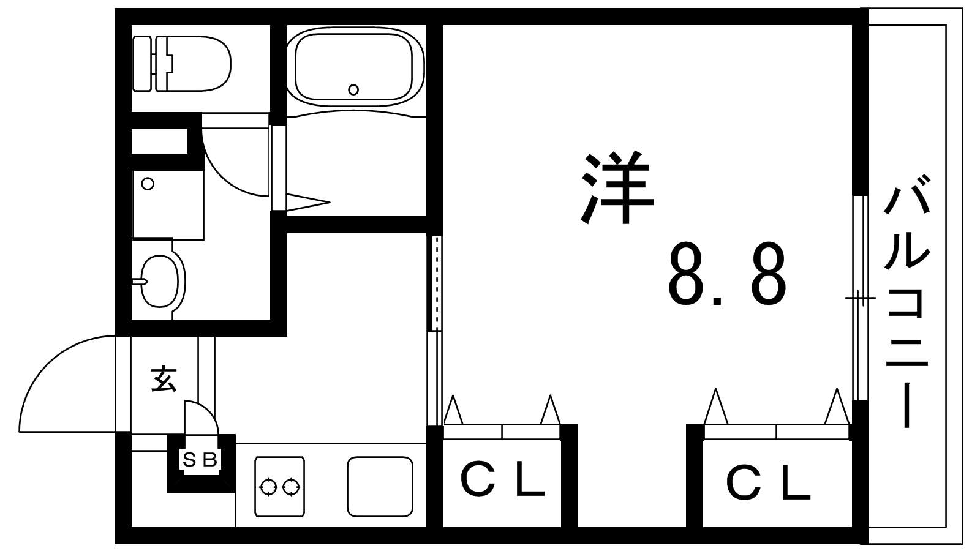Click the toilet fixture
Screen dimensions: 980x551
[x=181, y=64]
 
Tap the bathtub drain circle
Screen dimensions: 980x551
[x=353, y=89]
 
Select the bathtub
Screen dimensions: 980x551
[x=356, y=67]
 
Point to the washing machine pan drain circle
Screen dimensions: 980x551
[x=148, y=184]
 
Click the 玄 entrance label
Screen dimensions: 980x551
[x=164, y=379]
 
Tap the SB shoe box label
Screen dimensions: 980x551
[x=200, y=460]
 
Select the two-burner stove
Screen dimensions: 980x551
[x=279, y=486]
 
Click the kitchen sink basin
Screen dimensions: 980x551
[x=380, y=486]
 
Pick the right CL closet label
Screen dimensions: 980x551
[x=768, y=483]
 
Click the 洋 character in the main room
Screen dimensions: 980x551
[x=617, y=187]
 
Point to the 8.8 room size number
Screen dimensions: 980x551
[x=726, y=275]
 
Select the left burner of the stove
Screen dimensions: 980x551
[x=268, y=487]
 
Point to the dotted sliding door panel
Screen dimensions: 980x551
[x=437, y=283]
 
